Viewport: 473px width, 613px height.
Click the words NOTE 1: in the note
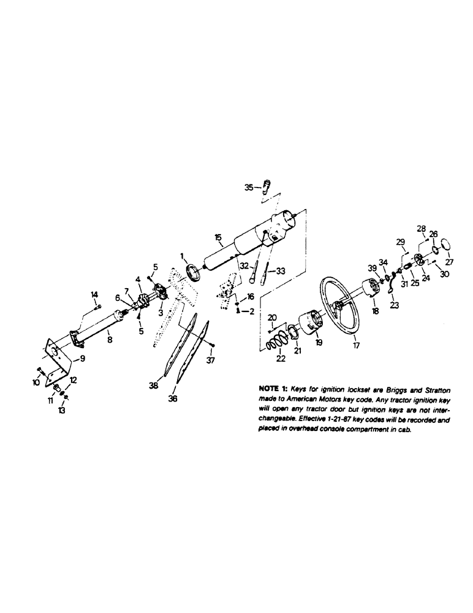[273, 389]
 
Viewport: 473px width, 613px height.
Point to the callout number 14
[95, 294]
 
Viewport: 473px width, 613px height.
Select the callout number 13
[62, 411]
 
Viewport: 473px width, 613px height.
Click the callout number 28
[421, 229]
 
